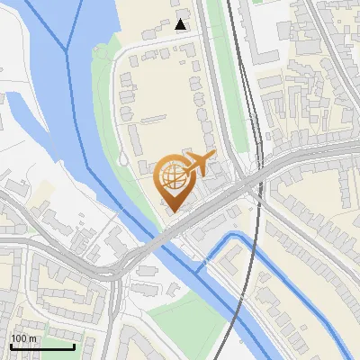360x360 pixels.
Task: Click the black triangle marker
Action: click(x=181, y=24)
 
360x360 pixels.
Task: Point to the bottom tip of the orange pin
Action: click(x=172, y=211)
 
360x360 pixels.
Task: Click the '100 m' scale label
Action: click(x=23, y=337)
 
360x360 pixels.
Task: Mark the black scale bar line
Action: click(x=42, y=346)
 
